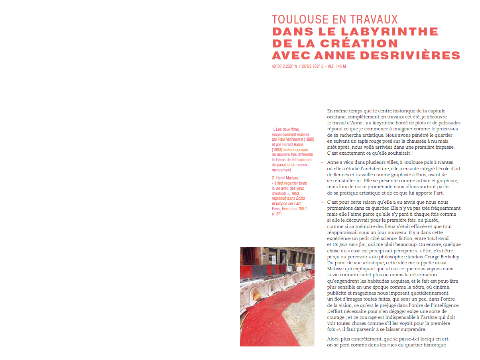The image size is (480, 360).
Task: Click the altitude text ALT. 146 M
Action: pyautogui.click(x=337, y=66)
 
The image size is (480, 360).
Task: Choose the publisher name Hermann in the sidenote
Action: pyautogui.click(x=289, y=209)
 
